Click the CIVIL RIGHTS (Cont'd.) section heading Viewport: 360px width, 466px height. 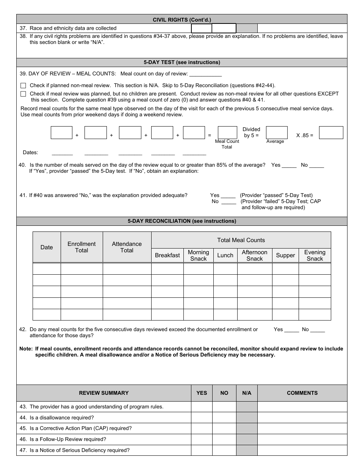pos(182,19)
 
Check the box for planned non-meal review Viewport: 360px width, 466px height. pos(23,86)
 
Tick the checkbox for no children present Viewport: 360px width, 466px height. pos(23,94)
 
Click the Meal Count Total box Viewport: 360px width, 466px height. pos(227,133)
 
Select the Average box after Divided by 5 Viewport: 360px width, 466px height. pos(277,133)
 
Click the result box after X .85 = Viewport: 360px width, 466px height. pos(331,133)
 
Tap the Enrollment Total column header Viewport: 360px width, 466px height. pos(81,247)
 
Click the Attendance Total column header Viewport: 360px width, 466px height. pos(127,247)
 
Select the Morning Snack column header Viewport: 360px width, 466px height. pos(198,255)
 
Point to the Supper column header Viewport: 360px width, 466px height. pos(285,255)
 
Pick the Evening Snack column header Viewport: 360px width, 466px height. pos(315,255)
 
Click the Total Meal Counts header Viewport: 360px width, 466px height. pos(241,240)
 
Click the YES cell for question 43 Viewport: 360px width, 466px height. pos(202,407)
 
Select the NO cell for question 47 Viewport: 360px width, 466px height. pos(224,450)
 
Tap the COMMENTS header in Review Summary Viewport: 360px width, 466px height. pos(302,393)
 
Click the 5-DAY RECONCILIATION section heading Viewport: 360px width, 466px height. pos(182,221)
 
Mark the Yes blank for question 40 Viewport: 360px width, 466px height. pos(289,166)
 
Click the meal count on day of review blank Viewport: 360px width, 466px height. pos(205,74)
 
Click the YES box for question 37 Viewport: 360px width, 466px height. pos(201,28)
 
